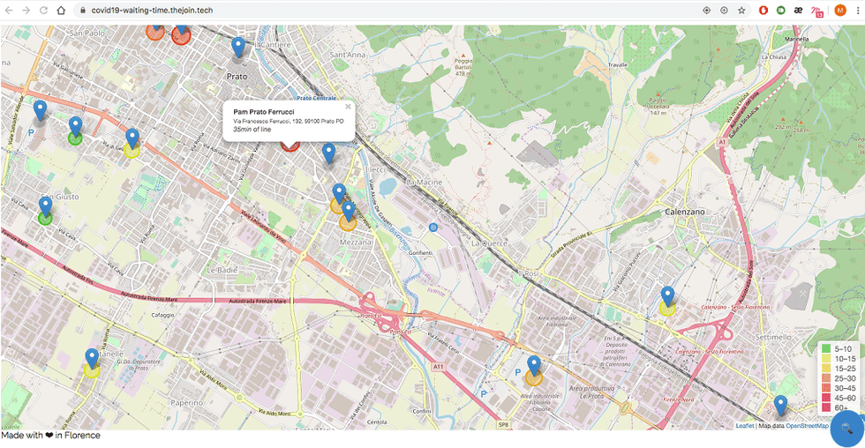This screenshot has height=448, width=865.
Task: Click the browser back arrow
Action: [9, 11]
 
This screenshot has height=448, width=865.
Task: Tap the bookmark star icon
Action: [741, 11]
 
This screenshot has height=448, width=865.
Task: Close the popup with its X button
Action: [348, 107]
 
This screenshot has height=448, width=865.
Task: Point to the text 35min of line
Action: [252, 130]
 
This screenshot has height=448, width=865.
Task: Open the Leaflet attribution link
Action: [744, 426]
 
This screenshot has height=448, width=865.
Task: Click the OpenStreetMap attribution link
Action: [807, 426]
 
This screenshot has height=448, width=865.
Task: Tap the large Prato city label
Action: [237, 76]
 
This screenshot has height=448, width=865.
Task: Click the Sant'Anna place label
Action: [347, 55]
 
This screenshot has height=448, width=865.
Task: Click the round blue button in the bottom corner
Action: [846, 429]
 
